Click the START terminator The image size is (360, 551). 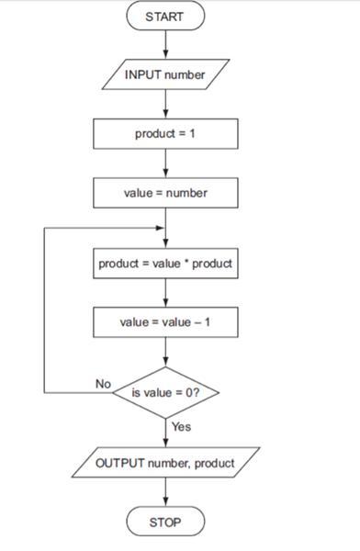click(165, 16)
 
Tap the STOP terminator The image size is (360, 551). click(165, 523)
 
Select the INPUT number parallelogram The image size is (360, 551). click(165, 75)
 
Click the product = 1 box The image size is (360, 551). click(165, 134)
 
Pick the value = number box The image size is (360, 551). click(165, 193)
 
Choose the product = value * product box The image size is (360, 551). click(165, 264)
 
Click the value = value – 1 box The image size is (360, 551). click(165, 322)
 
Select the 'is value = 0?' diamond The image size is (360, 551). click(165, 393)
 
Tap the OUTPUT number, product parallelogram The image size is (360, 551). click(165, 463)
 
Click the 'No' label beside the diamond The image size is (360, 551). click(103, 383)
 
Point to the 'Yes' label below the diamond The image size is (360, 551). click(181, 427)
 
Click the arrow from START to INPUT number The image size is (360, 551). click(165, 43)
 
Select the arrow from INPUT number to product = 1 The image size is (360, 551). click(165, 105)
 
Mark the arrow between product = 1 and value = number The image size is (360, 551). click(165, 163)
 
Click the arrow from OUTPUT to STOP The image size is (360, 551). click(165, 493)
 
